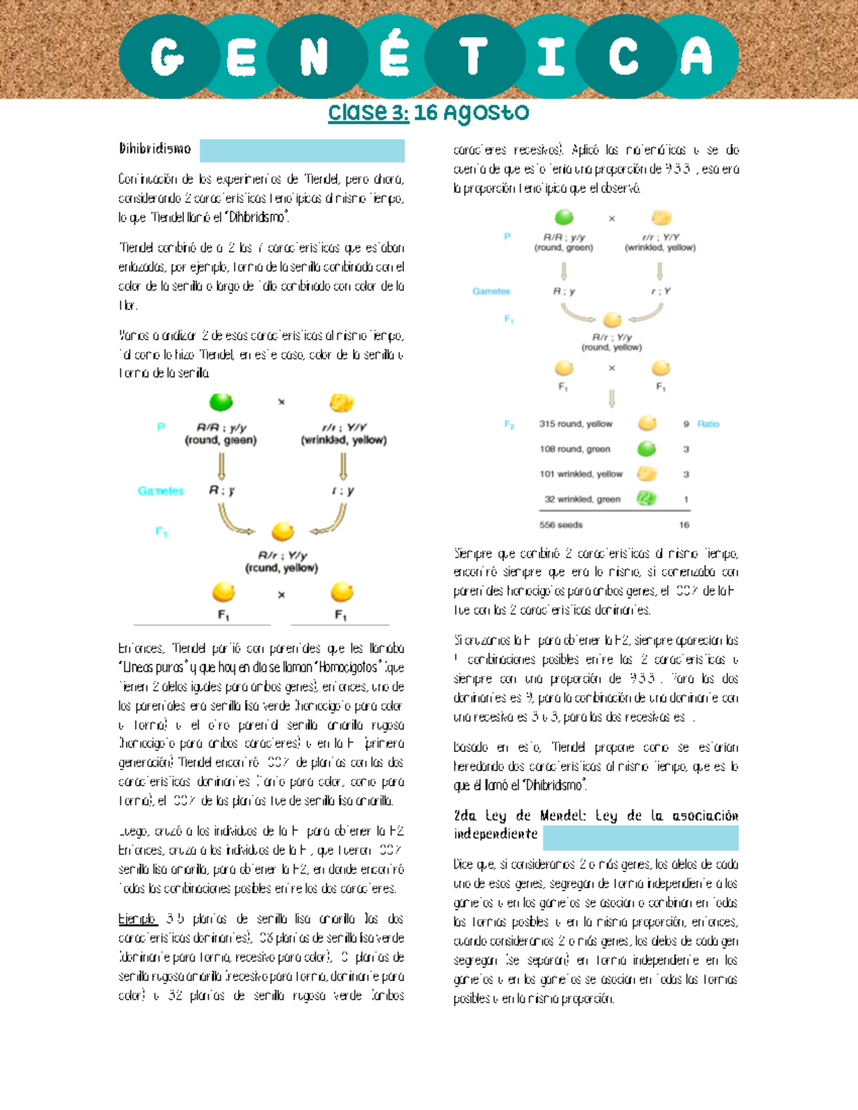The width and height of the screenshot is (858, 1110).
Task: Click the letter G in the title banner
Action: click(167, 56)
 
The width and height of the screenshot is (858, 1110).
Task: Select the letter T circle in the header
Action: click(473, 56)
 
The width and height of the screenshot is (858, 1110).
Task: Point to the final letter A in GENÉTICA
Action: click(696, 56)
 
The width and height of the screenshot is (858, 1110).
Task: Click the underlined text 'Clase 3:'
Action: click(368, 112)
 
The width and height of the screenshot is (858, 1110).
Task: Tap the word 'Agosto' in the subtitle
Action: click(485, 112)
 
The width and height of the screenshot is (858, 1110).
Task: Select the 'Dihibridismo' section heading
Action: click(155, 149)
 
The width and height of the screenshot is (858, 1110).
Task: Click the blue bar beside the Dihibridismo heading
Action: click(302, 151)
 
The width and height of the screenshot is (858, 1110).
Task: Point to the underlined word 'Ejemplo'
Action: click(137, 919)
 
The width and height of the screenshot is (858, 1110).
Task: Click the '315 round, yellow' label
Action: click(576, 424)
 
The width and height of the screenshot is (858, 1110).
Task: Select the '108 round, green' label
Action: click(575, 449)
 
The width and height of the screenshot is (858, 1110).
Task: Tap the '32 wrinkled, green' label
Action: click(582, 499)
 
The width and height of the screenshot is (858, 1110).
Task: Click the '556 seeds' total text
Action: click(561, 525)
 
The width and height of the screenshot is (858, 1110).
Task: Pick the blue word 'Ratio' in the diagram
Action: click(708, 424)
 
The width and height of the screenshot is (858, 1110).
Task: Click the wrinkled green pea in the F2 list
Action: click(646, 498)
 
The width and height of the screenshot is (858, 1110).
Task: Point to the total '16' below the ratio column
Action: click(684, 525)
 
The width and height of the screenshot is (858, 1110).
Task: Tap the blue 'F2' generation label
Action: click(509, 424)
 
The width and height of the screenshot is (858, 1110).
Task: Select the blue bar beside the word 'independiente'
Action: click(640, 837)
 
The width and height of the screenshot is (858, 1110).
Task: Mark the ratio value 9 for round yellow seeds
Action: click(686, 424)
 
